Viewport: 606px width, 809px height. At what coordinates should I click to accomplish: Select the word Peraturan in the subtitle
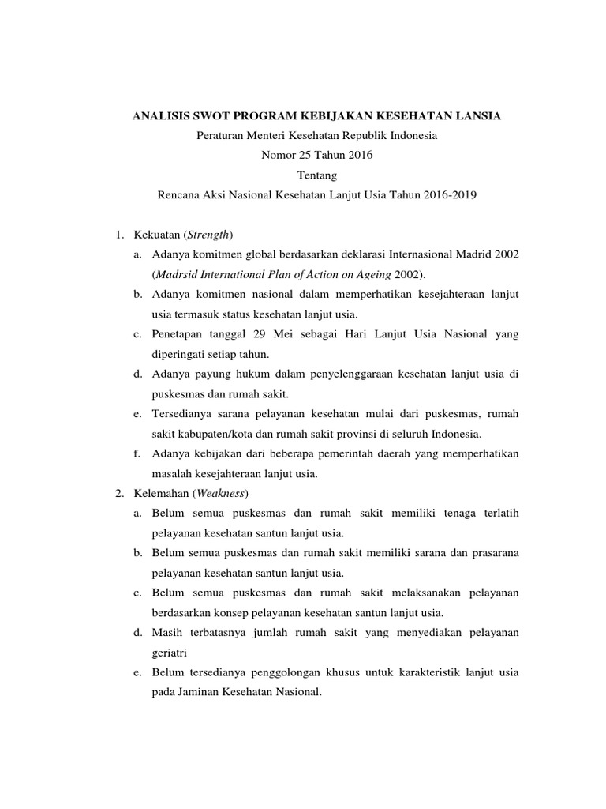click(x=220, y=136)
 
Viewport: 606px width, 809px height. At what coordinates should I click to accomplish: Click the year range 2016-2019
click(x=449, y=194)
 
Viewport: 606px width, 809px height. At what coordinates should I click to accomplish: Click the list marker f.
click(x=137, y=454)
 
